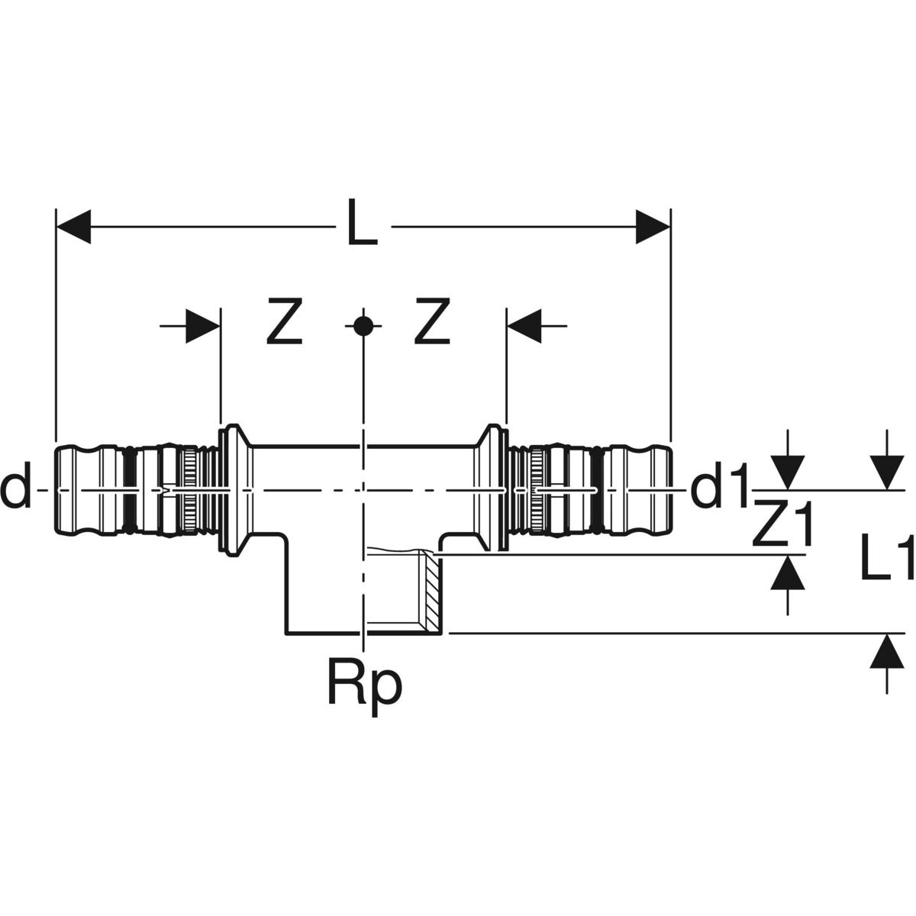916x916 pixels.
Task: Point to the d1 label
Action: (718, 491)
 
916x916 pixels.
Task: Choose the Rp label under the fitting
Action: (364, 685)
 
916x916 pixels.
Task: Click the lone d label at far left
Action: (15, 490)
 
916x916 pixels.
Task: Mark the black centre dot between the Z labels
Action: (363, 326)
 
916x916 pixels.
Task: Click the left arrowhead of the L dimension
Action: (74, 226)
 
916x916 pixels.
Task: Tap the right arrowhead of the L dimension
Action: (653, 226)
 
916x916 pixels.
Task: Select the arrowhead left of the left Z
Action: (204, 326)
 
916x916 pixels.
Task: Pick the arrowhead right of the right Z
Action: (524, 326)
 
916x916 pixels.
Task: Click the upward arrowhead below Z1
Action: (787, 572)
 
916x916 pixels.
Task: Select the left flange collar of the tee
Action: (232, 490)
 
